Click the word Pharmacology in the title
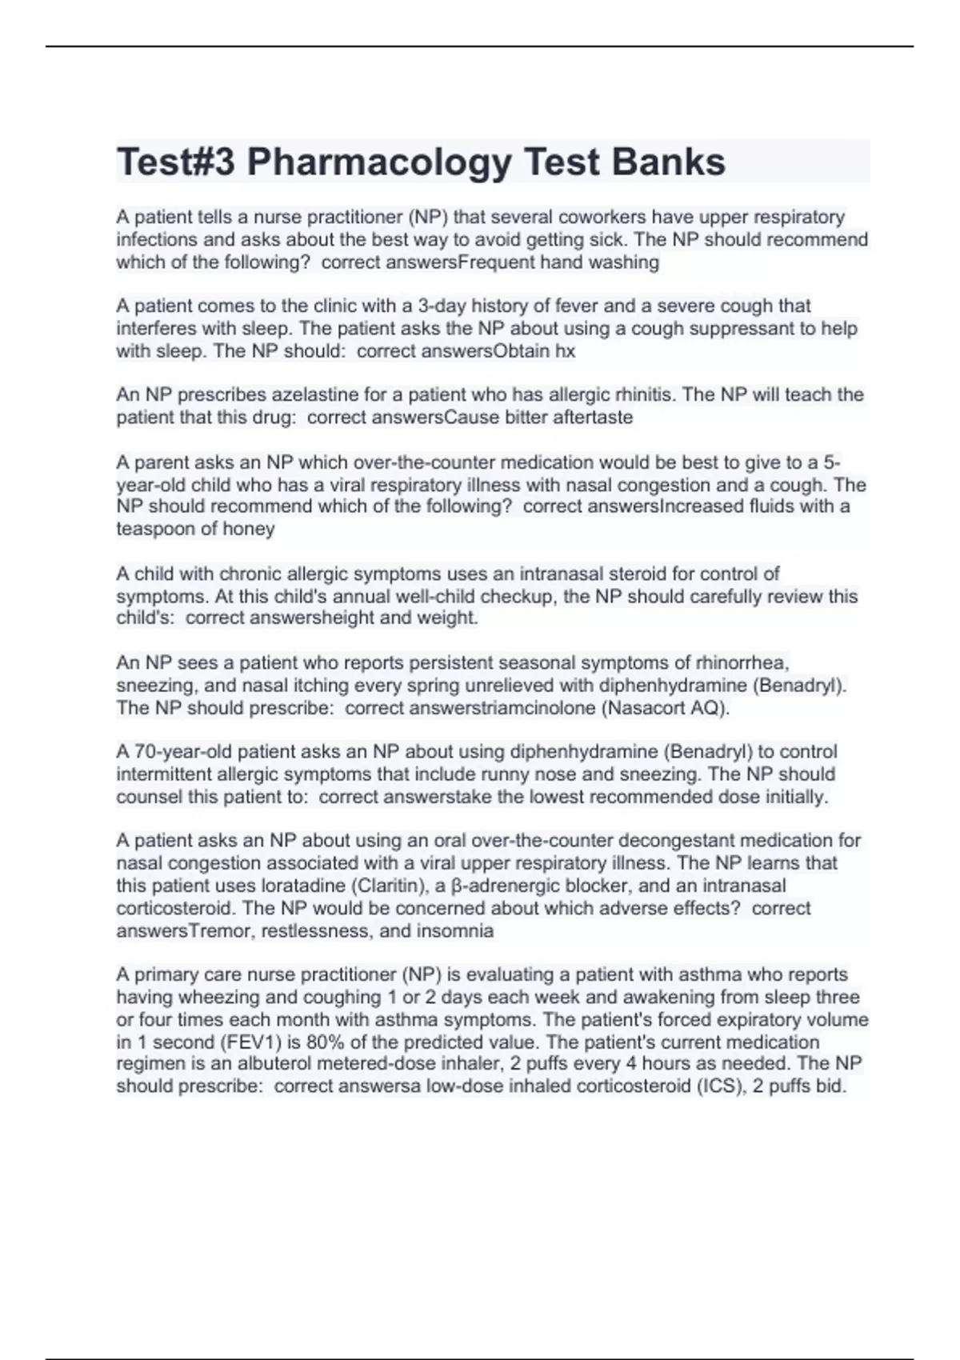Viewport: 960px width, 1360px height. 378,162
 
